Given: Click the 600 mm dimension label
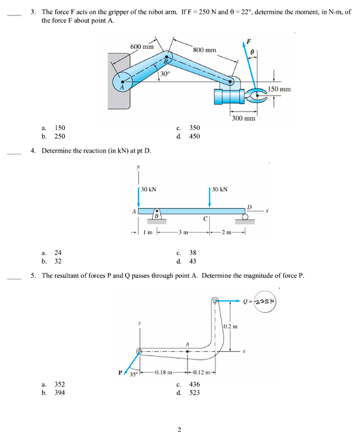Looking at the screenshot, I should [142, 47].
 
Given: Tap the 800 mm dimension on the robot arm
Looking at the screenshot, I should [205, 50].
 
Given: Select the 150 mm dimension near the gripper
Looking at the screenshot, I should [280, 89].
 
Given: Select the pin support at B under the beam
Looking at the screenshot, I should [157, 214].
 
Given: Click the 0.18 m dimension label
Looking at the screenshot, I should [162, 373].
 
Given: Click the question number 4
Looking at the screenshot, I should [33, 151].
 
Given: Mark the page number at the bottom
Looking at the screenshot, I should [179, 428].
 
